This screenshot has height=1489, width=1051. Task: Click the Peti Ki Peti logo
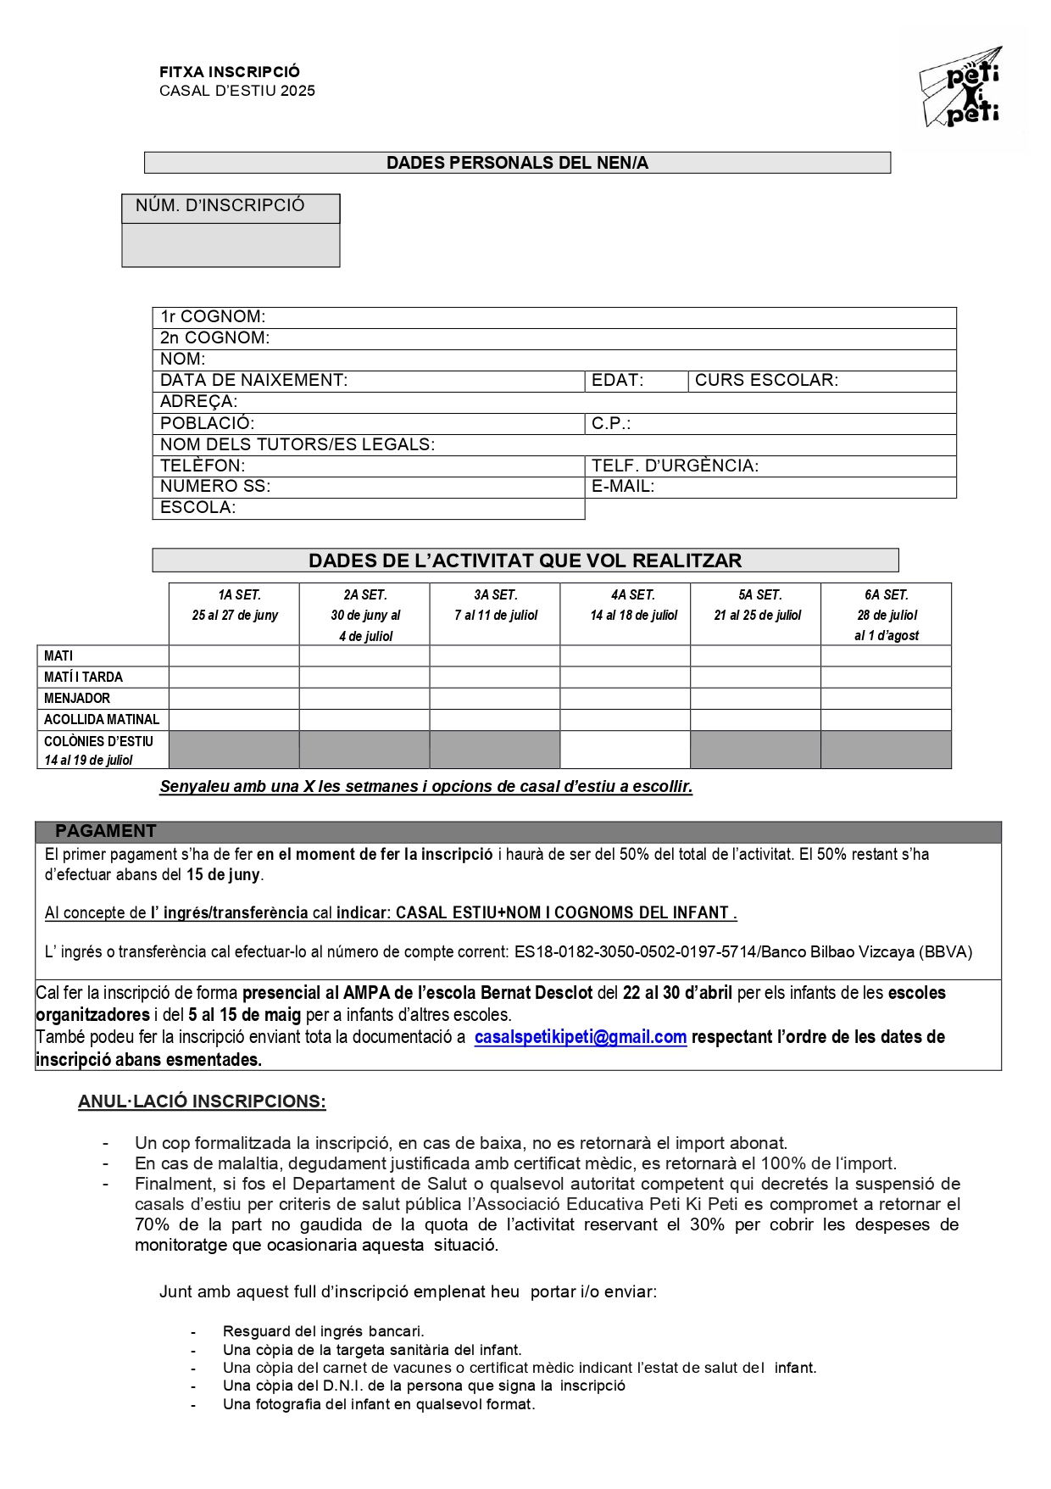coord(961,88)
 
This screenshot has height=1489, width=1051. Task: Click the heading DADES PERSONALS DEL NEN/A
coord(517,163)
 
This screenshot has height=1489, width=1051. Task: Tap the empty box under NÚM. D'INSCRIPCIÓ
coord(231,245)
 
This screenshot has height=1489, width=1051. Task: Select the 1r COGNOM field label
coord(213,317)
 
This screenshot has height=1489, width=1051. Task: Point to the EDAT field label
coord(617,381)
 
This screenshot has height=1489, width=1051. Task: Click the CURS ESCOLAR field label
coord(766,381)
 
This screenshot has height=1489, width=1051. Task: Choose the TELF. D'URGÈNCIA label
coord(675,466)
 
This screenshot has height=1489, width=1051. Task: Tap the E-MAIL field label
coord(623,487)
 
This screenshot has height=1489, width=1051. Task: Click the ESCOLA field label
coord(197,508)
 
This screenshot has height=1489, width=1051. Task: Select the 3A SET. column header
coord(495,605)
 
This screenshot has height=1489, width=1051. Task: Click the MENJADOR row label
coord(77,699)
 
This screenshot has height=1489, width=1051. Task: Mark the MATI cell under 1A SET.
coord(234,655)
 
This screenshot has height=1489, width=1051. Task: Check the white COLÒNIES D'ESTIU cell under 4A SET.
coord(625,750)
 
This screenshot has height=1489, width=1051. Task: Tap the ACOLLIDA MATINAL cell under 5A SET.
coord(755,720)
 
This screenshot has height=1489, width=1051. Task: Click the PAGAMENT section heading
coord(106,831)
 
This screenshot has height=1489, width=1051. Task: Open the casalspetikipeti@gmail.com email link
coord(580,1037)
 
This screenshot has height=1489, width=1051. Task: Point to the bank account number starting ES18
coord(635,952)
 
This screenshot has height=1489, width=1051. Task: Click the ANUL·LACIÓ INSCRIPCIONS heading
coord(202,1101)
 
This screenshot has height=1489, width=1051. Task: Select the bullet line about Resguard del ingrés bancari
coord(323,1331)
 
